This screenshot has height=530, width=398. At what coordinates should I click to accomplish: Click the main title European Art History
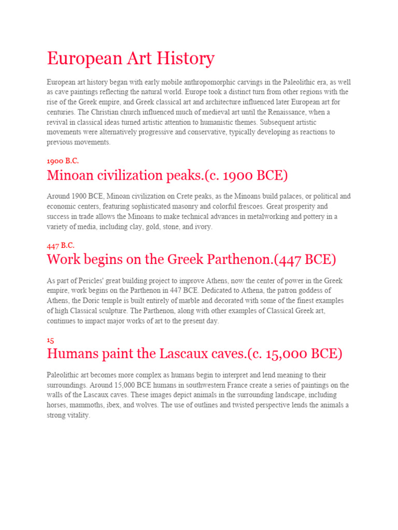tap(130, 58)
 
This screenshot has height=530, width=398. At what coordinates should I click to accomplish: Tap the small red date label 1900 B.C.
tap(63, 160)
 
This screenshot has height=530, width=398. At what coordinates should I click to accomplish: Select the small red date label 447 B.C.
tap(61, 245)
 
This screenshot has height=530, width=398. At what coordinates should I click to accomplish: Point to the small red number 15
tap(50, 340)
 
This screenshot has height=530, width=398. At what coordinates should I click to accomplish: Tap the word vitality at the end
tap(78, 415)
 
